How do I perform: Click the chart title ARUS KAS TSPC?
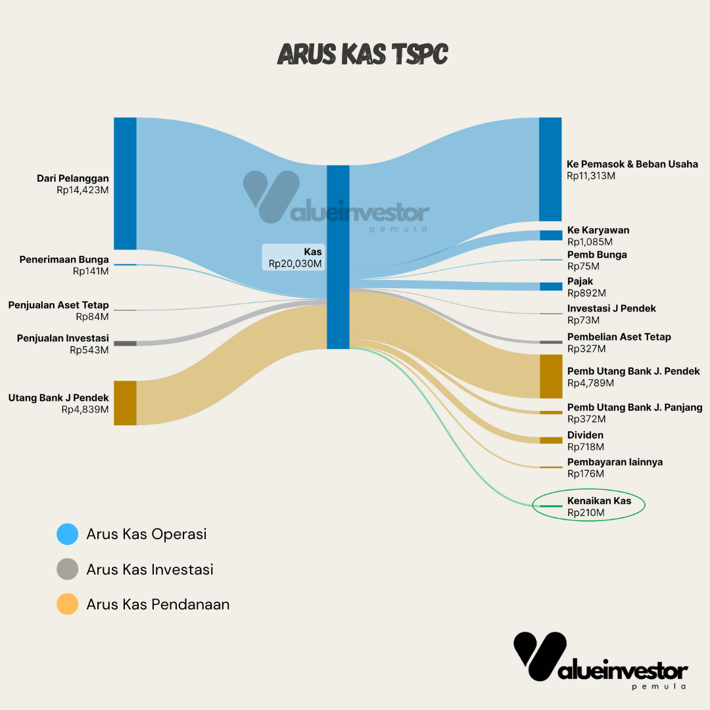pyautogui.click(x=362, y=55)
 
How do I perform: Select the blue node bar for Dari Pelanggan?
pyautogui.click(x=125, y=183)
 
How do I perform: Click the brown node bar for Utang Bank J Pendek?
pyautogui.click(x=125, y=403)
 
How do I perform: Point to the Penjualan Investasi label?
pyautogui.click(x=63, y=338)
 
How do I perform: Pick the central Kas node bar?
pyautogui.click(x=338, y=257)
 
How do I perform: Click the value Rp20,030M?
pyautogui.click(x=295, y=264)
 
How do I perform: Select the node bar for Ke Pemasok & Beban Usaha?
pyautogui.click(x=550, y=169)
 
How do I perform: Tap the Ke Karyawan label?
pyautogui.click(x=598, y=230)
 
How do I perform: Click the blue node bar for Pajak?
pyautogui.click(x=550, y=286)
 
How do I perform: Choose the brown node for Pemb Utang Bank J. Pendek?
pyautogui.click(x=550, y=376)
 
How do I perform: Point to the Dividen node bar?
pyautogui.click(x=550, y=440)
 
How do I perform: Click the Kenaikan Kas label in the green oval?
pyautogui.click(x=599, y=501)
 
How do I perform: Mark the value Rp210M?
pyautogui.click(x=586, y=513)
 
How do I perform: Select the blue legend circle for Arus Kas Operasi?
pyautogui.click(x=68, y=534)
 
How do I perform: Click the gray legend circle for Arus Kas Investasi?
pyautogui.click(x=68, y=569)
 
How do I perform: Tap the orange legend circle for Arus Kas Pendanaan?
pyautogui.click(x=68, y=604)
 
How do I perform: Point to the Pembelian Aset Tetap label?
pyautogui.click(x=619, y=337)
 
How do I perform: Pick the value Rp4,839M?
pyautogui.click(x=85, y=410)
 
